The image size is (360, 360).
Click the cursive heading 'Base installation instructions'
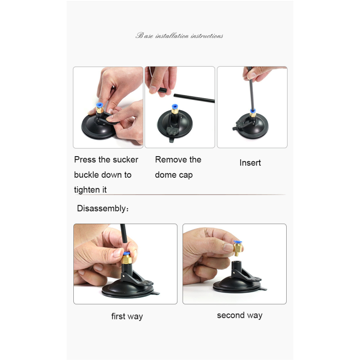[x=179, y=36]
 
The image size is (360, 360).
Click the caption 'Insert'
[x=250, y=162]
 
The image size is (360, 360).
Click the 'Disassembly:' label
[x=103, y=208]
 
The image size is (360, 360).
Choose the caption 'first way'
[x=127, y=316]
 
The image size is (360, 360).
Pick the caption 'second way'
[x=240, y=315]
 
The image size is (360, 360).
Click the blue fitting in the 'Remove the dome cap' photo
[x=175, y=107]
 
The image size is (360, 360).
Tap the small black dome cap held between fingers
[x=162, y=90]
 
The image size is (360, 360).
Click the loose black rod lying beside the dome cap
[x=194, y=98]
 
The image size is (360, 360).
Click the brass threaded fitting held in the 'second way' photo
[x=238, y=248]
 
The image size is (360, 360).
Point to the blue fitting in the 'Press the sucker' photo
[x=99, y=106]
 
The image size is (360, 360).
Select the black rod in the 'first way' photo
[x=123, y=233]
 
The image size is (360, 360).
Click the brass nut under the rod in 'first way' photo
[x=126, y=260]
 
